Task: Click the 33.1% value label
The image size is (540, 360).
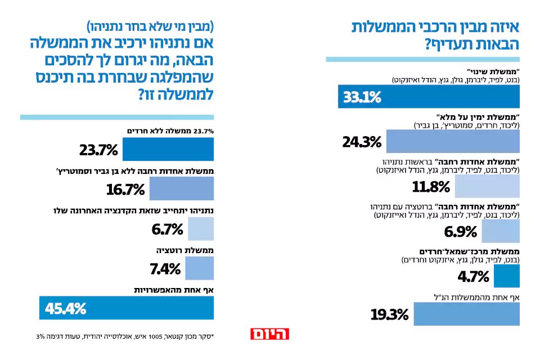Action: point(362,97)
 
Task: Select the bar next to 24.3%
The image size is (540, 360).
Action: point(452,141)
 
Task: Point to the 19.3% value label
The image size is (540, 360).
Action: point(389,314)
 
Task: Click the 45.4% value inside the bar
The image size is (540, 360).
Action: point(66,308)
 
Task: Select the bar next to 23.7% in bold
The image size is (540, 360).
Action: point(168,150)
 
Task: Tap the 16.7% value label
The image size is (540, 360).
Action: point(125,190)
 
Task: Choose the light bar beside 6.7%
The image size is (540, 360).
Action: point(200,229)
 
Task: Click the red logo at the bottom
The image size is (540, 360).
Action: point(269,334)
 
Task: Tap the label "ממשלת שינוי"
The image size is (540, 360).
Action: point(498,72)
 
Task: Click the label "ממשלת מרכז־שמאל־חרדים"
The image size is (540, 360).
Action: point(471,251)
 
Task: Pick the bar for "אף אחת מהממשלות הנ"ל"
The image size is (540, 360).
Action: point(466,314)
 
